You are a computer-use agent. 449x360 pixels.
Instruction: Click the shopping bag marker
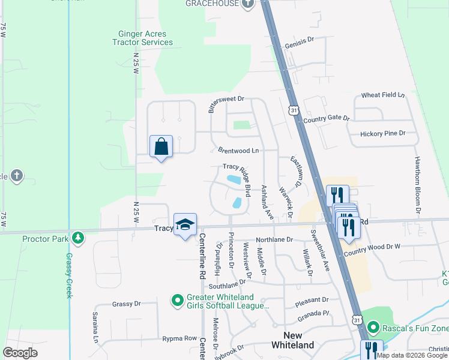(x=161, y=146)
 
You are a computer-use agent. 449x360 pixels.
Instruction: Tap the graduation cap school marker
(x=185, y=225)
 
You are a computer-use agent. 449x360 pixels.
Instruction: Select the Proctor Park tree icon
(x=77, y=238)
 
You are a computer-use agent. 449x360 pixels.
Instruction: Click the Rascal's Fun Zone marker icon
(x=373, y=328)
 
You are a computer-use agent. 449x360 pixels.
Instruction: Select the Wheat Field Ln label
(x=383, y=95)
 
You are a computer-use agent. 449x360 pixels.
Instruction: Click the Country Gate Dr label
(x=326, y=119)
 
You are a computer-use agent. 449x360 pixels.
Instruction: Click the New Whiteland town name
(x=292, y=340)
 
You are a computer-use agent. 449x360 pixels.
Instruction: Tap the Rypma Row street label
(x=179, y=339)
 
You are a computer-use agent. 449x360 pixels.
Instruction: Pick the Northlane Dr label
(x=274, y=239)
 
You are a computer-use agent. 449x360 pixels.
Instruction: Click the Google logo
(x=21, y=353)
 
